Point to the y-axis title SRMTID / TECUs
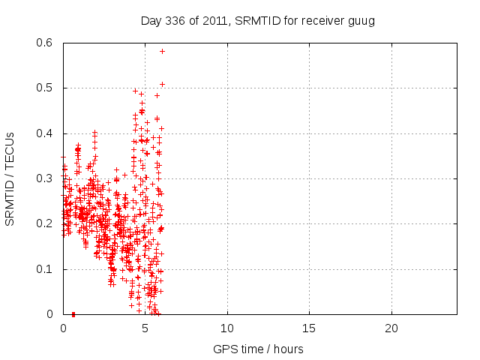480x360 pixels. click(x=10, y=178)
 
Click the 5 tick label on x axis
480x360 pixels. click(x=145, y=328)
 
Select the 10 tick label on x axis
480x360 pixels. click(x=227, y=328)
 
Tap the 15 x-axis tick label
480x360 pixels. click(x=309, y=328)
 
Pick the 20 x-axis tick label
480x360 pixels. click(x=391, y=328)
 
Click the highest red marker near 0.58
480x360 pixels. click(x=162, y=51)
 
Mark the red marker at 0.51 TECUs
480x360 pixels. click(x=162, y=84)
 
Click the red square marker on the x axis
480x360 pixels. click(x=73, y=314)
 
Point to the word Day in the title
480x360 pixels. click(x=151, y=20)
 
